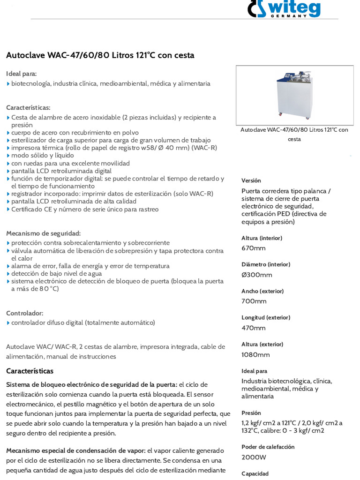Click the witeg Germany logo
coord(284,9)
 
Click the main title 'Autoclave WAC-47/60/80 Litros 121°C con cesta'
coord(100,55)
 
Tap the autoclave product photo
coord(294,95)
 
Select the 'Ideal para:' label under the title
coord(21,74)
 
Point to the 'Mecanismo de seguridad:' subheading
coord(43,233)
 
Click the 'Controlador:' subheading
coord(24,313)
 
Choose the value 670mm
coord(254,248)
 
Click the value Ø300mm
coord(256,275)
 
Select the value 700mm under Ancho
coord(254,301)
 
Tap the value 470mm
coord(254,328)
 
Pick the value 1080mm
coord(255,354)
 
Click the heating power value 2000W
coord(254,457)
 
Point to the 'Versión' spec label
coord(251,180)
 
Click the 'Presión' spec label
coord(251,413)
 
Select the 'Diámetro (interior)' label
coord(266,264)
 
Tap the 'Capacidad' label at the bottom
coord(255,473)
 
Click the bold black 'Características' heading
coord(30,371)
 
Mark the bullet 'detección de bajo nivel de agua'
coord(56,273)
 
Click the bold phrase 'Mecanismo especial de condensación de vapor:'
coord(76,450)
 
